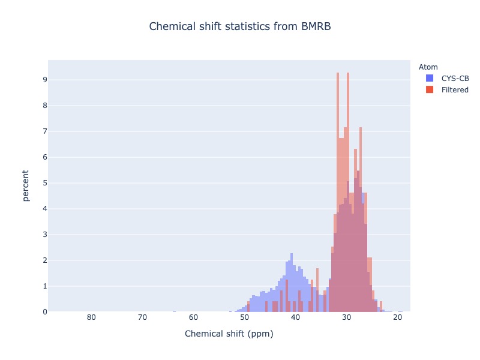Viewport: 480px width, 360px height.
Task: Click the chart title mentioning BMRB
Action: (240, 26)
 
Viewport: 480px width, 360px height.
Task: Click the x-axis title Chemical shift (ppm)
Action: (229, 334)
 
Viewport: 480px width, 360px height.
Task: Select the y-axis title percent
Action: (26, 185)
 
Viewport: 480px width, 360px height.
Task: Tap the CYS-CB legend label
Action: (455, 79)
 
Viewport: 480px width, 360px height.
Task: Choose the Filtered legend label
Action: (455, 89)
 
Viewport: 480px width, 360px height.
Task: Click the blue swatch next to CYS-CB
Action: (430, 78)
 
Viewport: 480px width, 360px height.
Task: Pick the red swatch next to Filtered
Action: (430, 89)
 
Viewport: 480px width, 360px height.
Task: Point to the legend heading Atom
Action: (428, 67)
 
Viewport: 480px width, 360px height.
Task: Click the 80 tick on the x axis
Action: (91, 317)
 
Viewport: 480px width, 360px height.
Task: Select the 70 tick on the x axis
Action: (142, 317)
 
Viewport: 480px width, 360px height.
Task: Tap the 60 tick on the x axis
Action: (193, 317)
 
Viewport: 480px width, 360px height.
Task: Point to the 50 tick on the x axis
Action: (245, 317)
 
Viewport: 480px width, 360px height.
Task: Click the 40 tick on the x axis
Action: (295, 317)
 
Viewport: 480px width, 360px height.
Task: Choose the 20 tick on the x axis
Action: (398, 317)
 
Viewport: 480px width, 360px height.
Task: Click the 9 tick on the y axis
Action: (45, 80)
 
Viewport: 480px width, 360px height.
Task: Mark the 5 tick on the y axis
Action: (45, 183)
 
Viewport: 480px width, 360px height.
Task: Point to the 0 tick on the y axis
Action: (45, 312)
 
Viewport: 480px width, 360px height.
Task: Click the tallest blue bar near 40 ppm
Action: (292, 282)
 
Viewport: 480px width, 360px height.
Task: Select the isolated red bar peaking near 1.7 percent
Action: (317, 290)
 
